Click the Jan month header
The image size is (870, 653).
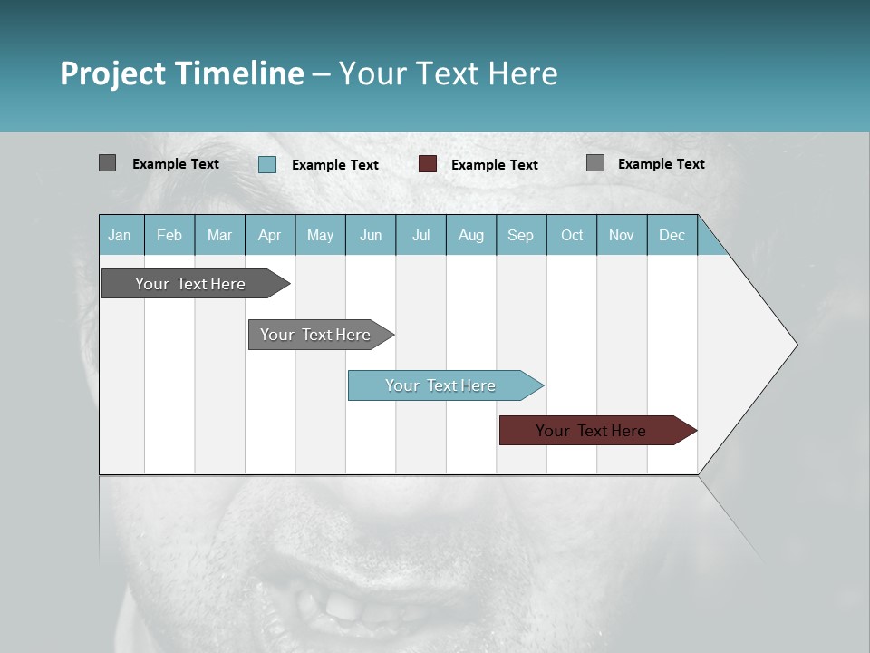[120, 235]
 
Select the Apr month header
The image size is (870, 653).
[270, 235]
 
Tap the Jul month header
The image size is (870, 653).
[420, 235]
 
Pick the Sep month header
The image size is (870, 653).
[520, 235]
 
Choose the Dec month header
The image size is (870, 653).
[672, 235]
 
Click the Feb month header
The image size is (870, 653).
[169, 235]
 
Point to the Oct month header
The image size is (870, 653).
[572, 235]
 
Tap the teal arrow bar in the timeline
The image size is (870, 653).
[441, 385]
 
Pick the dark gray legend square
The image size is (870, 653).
[108, 163]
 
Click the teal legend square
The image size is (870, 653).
[267, 164]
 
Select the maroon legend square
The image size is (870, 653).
[428, 164]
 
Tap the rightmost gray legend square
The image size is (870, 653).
[595, 163]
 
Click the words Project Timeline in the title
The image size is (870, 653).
[181, 73]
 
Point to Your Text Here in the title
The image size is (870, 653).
[448, 73]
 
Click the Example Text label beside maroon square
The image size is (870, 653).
[495, 165]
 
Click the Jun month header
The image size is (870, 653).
[371, 235]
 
